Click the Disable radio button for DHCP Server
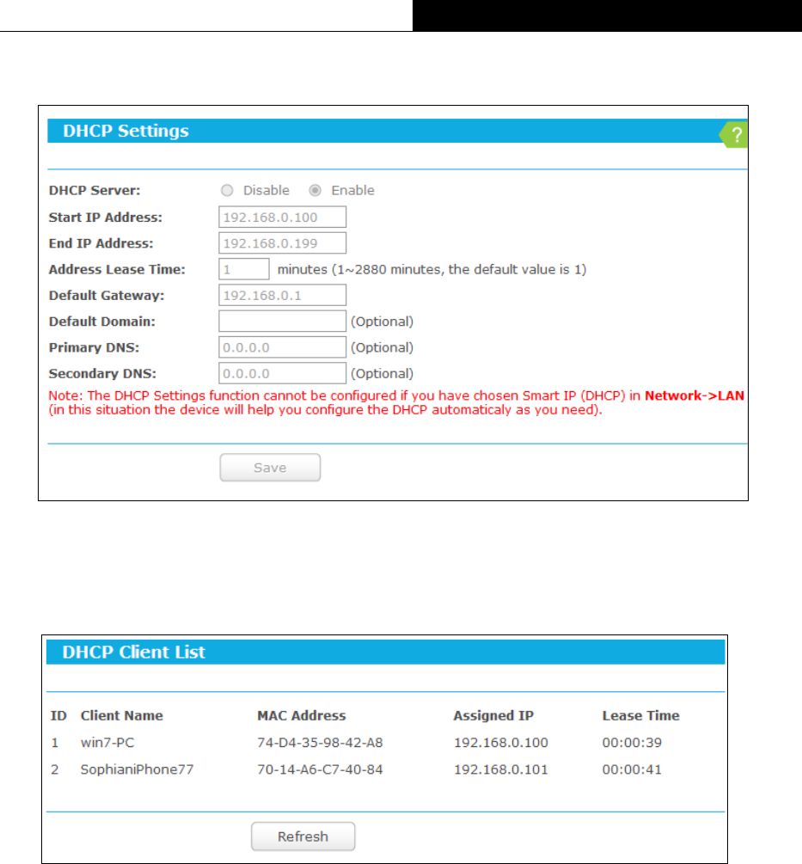coord(228,190)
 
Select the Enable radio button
coord(315,190)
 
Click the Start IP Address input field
coord(282,217)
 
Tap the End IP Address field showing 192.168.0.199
coord(282,243)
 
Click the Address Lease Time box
coord(244,269)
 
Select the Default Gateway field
coord(282,296)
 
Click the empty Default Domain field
coord(282,322)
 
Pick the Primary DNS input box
coord(282,347)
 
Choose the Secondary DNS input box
coord(282,373)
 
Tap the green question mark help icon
coord(735,135)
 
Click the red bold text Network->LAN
coord(695,395)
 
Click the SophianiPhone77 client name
coord(137,769)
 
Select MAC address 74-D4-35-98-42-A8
coord(320,743)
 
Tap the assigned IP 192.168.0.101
coord(500,769)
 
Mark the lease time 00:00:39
coord(632,743)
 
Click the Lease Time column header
coord(640,715)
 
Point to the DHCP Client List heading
coord(134,652)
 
